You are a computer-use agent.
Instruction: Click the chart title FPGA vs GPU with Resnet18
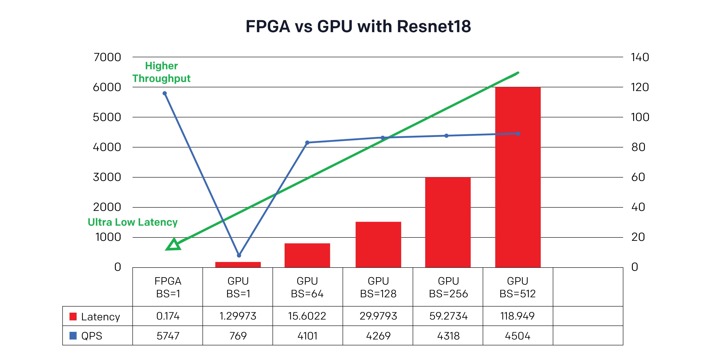coord(358,26)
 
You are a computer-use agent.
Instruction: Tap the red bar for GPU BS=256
coord(448,223)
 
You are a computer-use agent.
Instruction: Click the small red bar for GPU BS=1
coord(238,265)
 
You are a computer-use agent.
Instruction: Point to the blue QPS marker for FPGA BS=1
coord(165,93)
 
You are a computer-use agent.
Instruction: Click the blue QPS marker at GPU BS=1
coord(239,255)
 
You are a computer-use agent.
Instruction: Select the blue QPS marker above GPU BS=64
coord(307,143)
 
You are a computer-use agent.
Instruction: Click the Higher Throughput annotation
coord(162,72)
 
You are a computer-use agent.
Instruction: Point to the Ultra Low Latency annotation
coord(133,222)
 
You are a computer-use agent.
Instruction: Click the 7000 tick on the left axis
coord(107,57)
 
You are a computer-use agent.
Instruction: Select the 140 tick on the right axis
coord(640,57)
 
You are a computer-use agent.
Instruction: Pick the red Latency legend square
coord(73,317)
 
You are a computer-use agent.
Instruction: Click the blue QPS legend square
coord(73,336)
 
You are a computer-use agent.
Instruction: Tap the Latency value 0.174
coord(168,316)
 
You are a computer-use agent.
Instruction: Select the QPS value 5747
coord(168,336)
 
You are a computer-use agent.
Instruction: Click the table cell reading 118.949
coord(518,316)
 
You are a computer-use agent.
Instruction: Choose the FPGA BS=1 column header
coord(168,287)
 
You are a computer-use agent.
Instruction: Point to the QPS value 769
coord(238,336)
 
